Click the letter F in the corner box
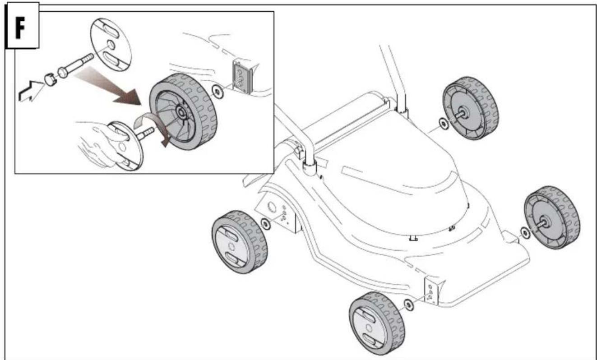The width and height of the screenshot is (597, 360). [20, 28]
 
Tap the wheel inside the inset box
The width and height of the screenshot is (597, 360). [183, 111]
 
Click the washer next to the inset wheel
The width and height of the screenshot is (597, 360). [218, 92]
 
